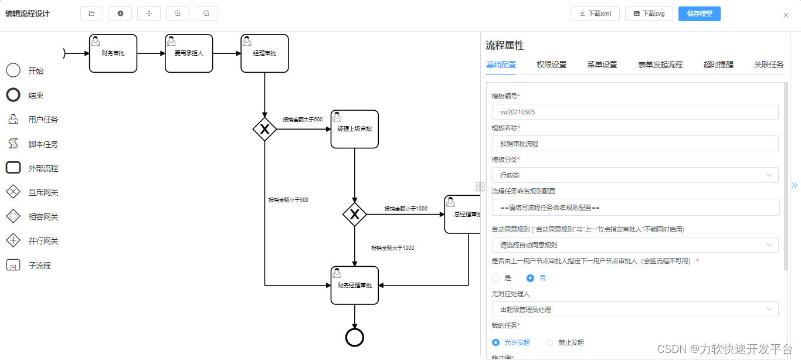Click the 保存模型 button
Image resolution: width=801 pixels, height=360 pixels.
(699, 13)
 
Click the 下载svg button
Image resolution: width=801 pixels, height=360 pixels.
(649, 13)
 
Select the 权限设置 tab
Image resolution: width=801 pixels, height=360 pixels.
(551, 64)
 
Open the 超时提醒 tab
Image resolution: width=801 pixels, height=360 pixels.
(718, 64)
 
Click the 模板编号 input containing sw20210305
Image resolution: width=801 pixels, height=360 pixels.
(635, 112)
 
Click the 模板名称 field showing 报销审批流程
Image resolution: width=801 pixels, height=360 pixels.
(635, 144)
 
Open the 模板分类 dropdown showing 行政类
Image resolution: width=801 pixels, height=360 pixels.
(635, 175)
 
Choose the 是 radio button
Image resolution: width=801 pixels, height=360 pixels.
(496, 278)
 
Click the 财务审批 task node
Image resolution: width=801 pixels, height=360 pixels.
(113, 53)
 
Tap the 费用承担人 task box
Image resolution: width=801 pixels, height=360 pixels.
(189, 53)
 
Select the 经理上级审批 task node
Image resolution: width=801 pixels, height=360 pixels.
(355, 129)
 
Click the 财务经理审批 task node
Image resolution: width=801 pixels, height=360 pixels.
(355, 286)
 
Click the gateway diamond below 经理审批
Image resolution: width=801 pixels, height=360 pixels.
(264, 129)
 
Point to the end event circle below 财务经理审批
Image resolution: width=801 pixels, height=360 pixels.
(355, 337)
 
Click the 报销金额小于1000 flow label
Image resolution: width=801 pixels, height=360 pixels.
(406, 209)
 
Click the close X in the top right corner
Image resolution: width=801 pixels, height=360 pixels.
(786, 15)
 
